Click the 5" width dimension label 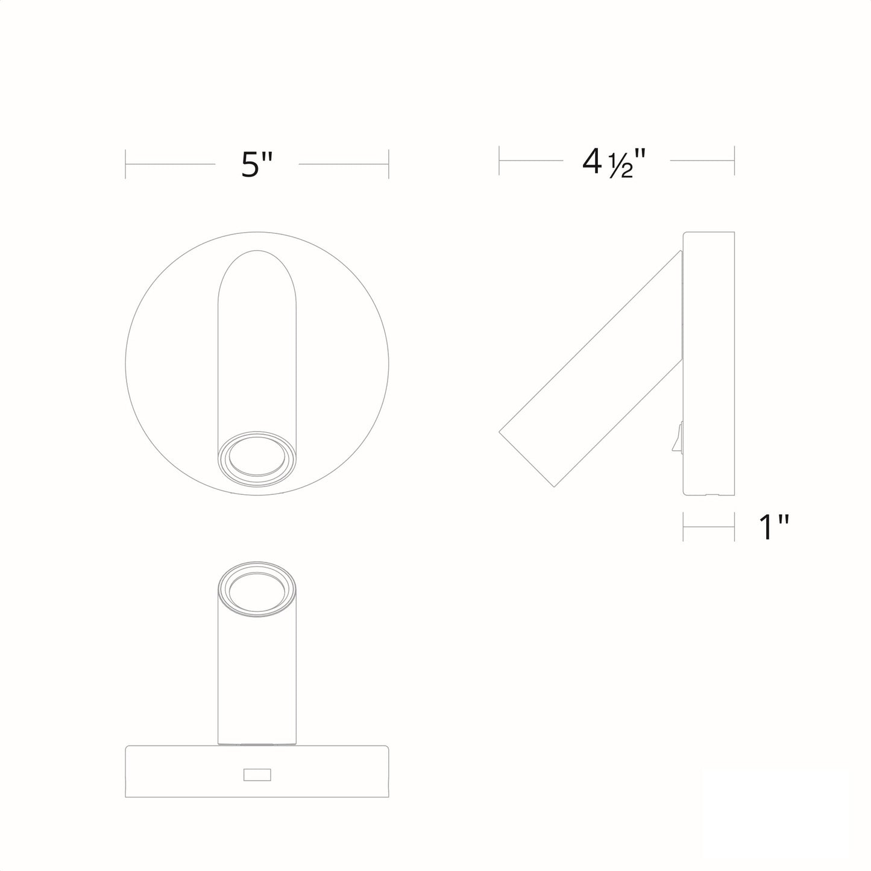click(x=257, y=164)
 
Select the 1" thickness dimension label click(x=773, y=527)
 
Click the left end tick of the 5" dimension click(x=125, y=164)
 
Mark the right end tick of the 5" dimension click(x=389, y=164)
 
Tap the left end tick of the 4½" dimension click(x=499, y=160)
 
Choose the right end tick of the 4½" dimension click(x=734, y=160)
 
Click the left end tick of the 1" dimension click(x=683, y=526)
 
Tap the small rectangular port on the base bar click(x=257, y=775)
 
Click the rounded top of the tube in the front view click(x=257, y=265)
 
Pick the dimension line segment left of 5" click(x=170, y=164)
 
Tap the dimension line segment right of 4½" click(x=702, y=160)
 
